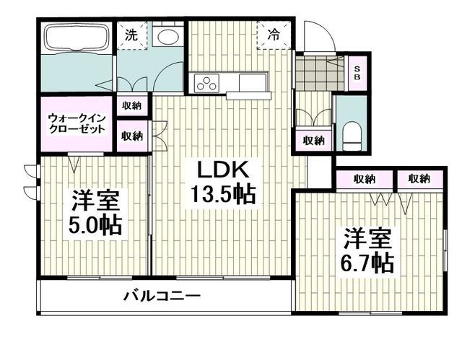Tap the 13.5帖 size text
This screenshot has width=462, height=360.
pyautogui.click(x=223, y=193)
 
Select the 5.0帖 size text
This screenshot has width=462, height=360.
pyautogui.click(x=95, y=225)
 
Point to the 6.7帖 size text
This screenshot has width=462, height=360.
pyautogui.click(x=367, y=260)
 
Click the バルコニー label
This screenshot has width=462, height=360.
pyautogui.click(x=161, y=295)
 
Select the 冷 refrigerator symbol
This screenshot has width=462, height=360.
pyautogui.click(x=275, y=33)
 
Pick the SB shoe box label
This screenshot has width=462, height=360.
pyautogui.click(x=356, y=71)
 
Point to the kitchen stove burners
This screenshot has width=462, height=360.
pyautogui.click(x=205, y=83)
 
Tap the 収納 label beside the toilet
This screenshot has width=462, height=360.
pyautogui.click(x=312, y=140)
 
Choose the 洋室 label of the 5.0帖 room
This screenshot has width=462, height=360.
pyautogui.click(x=95, y=199)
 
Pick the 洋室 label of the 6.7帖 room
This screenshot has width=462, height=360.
pyautogui.click(x=367, y=236)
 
